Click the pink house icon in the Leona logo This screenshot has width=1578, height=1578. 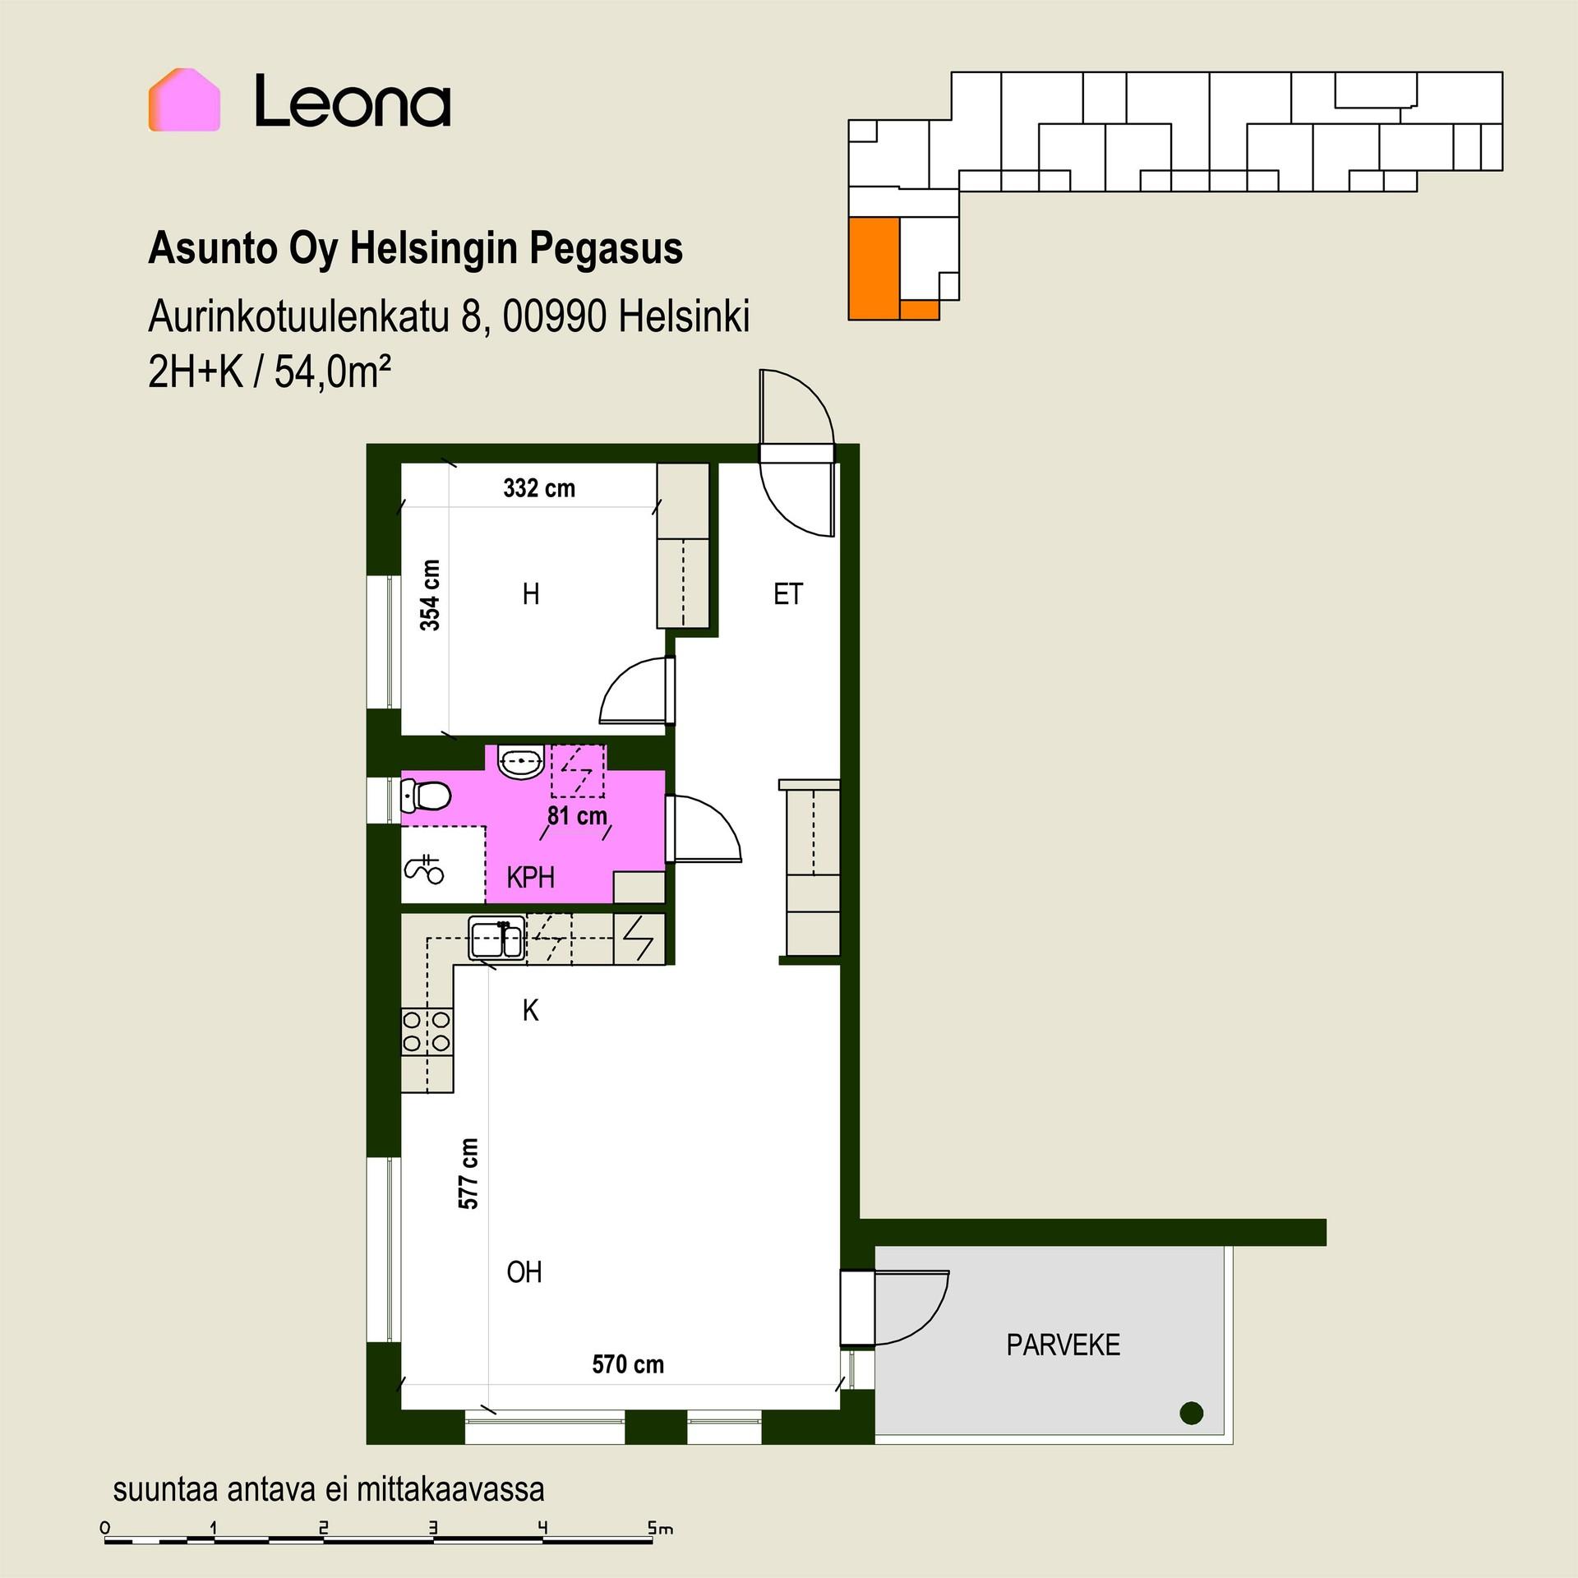pos(184,100)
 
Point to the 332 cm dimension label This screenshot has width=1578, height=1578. pos(539,488)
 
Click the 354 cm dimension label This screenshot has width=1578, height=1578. pos(430,595)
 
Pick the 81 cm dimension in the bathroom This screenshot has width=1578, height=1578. pos(578,816)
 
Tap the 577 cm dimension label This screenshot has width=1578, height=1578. pos(468,1174)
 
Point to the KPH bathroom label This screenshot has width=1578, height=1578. pos(531,878)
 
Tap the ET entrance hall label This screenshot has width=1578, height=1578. pos(787,594)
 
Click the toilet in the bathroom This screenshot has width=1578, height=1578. pos(425,796)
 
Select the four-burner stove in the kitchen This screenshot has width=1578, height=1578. pos(427,1031)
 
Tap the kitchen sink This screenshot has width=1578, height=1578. pos(496,939)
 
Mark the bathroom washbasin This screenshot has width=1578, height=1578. pos(520,762)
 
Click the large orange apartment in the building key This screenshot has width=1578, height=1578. pos(874,268)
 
